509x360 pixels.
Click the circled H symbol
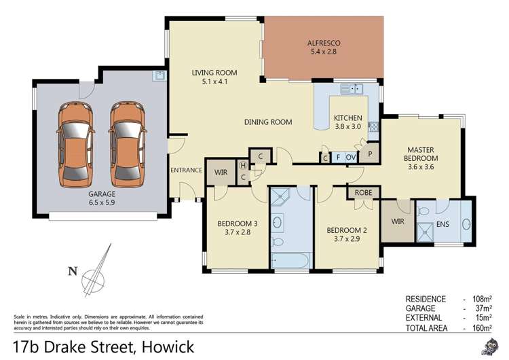coord(244,165)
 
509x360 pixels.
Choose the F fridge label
coord(337,158)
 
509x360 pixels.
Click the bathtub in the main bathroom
coord(290,260)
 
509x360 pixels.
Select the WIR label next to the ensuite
coord(398,221)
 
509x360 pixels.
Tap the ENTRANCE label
coord(187,170)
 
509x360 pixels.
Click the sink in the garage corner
coord(158,76)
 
